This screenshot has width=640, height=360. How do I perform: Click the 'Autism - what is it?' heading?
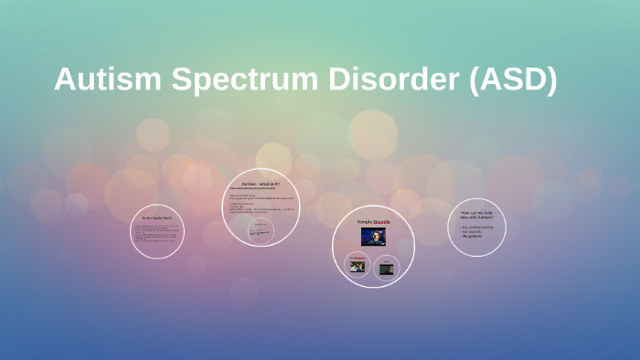point(261,185)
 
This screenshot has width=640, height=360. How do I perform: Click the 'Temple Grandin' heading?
point(372,222)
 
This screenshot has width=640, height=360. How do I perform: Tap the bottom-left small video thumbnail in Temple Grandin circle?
point(357,266)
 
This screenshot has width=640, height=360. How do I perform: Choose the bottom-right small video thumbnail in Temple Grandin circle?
point(388,268)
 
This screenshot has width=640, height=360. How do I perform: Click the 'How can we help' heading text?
point(476,216)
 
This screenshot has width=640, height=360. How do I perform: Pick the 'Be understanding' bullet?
point(478,227)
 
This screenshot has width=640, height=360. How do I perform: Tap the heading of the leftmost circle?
point(156,218)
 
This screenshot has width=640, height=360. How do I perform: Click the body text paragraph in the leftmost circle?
point(156,234)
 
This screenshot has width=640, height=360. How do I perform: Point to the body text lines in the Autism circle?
point(261,206)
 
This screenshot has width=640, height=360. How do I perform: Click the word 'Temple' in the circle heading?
point(364,222)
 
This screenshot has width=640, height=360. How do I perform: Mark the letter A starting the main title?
point(64,79)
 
